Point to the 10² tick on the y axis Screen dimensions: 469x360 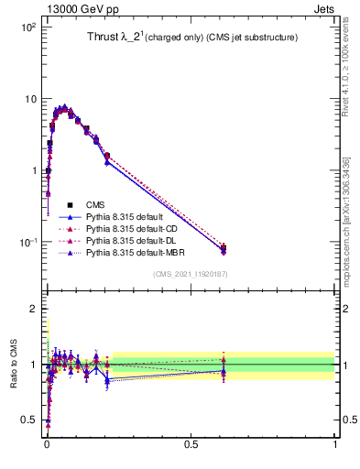(27, 27)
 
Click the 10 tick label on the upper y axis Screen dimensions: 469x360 (29, 99)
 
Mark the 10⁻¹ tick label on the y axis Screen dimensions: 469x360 (27, 242)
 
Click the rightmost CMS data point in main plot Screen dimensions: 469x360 (224, 247)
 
